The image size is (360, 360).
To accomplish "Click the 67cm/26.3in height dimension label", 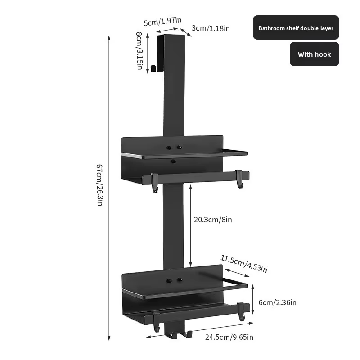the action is tap(99, 185).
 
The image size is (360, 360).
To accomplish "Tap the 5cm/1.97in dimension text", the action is tap(162, 21).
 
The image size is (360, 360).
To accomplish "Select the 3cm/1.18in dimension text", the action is tap(211, 28).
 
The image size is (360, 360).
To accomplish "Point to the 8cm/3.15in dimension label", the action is tap(139, 51).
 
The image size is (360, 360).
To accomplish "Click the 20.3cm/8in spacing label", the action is tap(213, 220).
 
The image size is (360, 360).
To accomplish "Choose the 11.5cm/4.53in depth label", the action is tap(244, 264).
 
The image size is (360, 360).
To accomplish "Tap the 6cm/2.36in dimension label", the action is tap(277, 302).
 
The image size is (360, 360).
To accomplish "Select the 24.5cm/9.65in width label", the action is tap(229, 337).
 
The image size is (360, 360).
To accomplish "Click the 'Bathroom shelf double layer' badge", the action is tap(296, 27).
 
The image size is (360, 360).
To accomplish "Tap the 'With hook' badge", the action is tap(314, 54).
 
